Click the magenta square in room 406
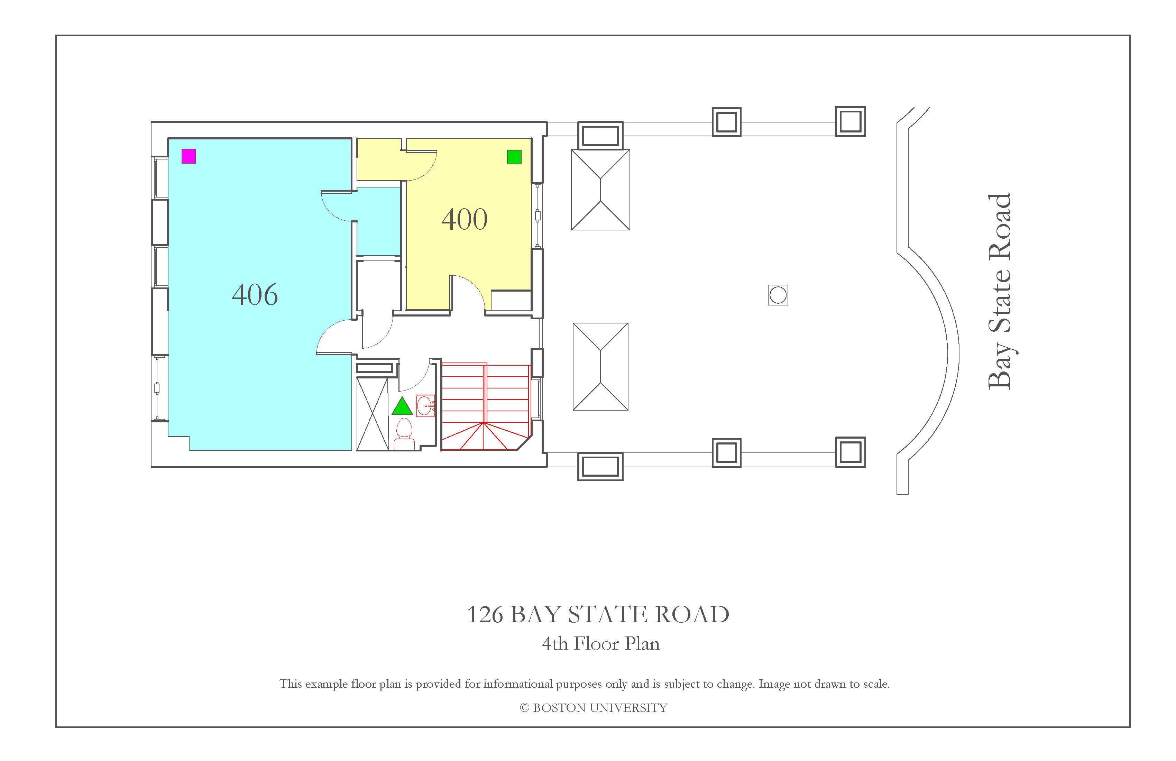189,156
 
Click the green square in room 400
514,157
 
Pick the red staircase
486,407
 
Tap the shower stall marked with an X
373,414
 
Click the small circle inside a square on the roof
778,295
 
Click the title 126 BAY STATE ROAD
598,614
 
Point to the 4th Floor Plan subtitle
601,643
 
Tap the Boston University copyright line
594,708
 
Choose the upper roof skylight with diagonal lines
600,190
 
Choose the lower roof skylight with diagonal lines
600,367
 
